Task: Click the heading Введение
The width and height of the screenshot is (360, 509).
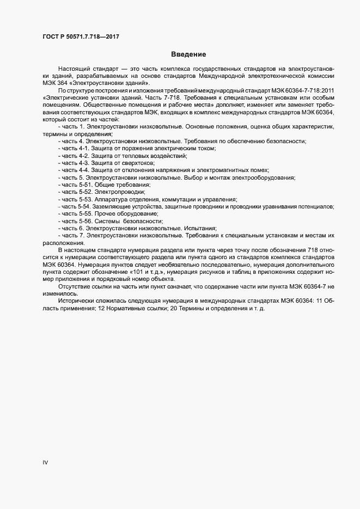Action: click(x=188, y=54)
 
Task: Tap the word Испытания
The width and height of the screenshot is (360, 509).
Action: click(x=199, y=229)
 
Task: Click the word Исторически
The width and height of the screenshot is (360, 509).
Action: click(x=76, y=301)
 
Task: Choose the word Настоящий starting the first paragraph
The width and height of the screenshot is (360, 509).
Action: click(x=75, y=68)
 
